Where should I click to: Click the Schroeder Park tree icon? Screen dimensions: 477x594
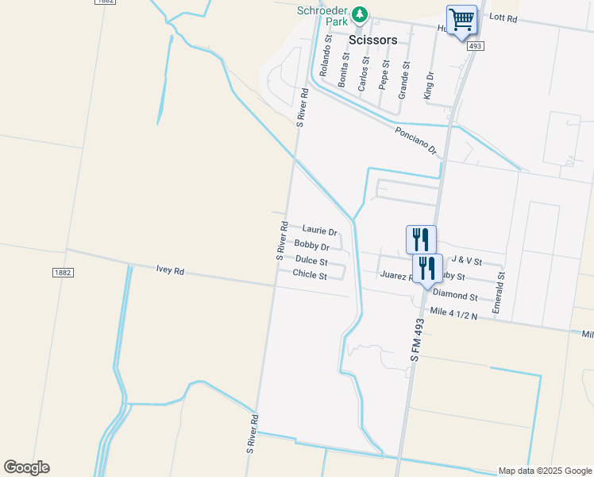(360, 14)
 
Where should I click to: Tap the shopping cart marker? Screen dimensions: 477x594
(461, 19)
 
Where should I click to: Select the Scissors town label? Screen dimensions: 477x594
(372, 38)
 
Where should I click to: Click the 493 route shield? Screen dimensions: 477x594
(475, 47)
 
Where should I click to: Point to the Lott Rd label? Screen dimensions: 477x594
(503, 17)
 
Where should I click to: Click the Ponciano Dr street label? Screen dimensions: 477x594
(416, 139)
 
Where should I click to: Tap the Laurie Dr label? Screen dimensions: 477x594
(319, 231)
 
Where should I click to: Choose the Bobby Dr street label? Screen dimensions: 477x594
(311, 246)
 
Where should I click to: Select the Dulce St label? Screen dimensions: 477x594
(311, 261)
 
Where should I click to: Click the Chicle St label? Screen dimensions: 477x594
(310, 275)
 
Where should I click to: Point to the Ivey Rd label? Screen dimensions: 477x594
(170, 270)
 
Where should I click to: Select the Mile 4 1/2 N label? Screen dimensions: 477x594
(453, 313)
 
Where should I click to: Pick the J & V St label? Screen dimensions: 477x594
(466, 260)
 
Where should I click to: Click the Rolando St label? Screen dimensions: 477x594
(326, 56)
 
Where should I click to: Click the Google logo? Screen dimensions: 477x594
(26, 467)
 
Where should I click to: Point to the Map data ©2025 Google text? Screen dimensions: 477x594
(544, 471)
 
